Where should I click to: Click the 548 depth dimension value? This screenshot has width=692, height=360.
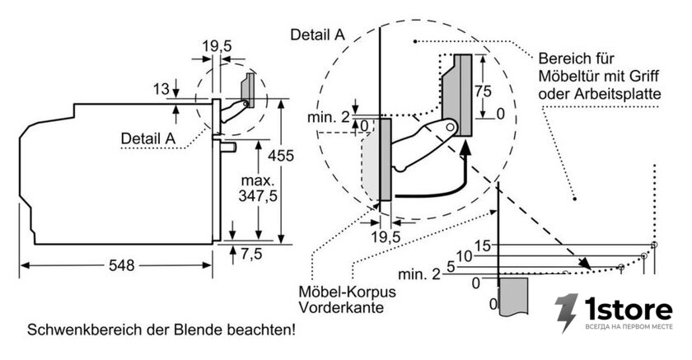click(x=121, y=265)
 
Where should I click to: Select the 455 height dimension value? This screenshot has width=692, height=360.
click(x=280, y=156)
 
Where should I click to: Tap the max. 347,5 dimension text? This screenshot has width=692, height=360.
click(x=258, y=188)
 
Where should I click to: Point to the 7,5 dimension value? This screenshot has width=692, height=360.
click(x=251, y=254)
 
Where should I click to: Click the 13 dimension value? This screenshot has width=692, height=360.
click(x=161, y=89)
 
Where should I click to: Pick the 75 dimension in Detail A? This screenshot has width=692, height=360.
click(x=483, y=91)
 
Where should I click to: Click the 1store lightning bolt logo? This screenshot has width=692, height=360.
click(x=566, y=312)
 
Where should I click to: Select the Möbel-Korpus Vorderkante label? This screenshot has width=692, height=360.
click(x=348, y=299)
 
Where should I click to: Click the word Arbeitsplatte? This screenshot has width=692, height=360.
click(x=618, y=94)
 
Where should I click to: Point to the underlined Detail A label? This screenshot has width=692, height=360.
click(x=147, y=138)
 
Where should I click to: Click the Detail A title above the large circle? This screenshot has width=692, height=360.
click(x=317, y=35)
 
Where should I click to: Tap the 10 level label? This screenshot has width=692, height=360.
click(x=464, y=256)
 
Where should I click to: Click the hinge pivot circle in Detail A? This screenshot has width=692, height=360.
click(x=450, y=127)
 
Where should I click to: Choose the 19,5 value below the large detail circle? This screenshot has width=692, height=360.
click(x=386, y=237)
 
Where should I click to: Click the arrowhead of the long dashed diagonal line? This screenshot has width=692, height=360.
click(x=585, y=264)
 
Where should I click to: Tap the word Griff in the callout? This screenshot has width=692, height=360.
click(x=644, y=76)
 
